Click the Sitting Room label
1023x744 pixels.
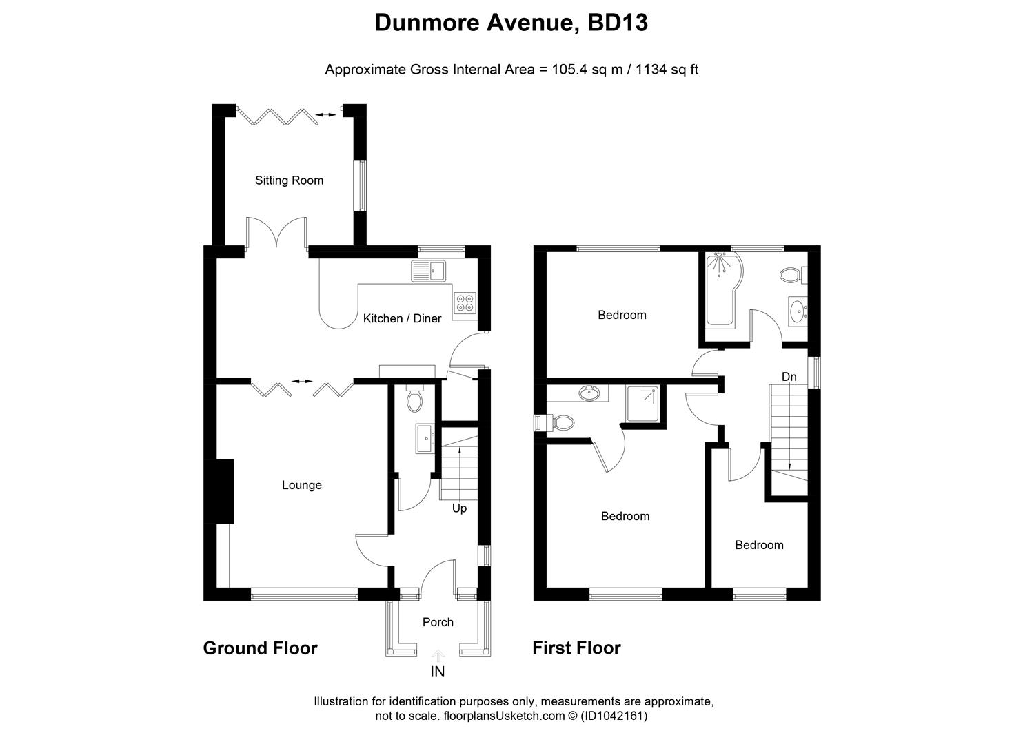coord(289,180)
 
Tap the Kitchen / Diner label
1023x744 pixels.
coord(402,318)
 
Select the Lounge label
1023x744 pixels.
coord(301,485)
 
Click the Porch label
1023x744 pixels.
coord(438,622)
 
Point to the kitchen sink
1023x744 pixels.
coord(429,271)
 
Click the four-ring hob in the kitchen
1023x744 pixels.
coord(465,303)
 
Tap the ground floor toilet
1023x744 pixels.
coord(414,400)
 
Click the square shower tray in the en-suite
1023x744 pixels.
coord(644,403)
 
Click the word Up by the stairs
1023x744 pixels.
coord(459,508)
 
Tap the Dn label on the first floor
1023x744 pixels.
coord(789,377)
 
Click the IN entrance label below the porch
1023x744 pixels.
coord(438,672)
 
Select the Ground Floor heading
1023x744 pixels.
coord(260,648)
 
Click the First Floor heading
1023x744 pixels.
coord(576,648)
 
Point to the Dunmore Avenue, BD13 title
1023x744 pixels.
coord(511,23)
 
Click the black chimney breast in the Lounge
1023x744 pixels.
coord(224,491)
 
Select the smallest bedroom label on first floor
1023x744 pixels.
coord(759,545)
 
